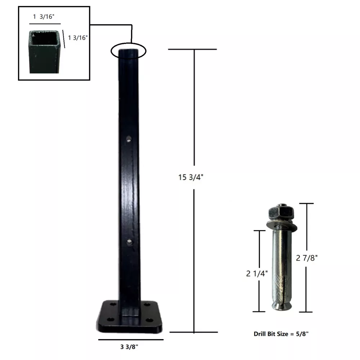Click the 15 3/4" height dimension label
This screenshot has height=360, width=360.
(x=191, y=177)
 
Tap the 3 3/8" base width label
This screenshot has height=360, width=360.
(x=129, y=347)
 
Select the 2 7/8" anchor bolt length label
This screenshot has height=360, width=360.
(x=307, y=258)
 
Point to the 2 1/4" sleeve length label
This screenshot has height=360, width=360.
(x=257, y=274)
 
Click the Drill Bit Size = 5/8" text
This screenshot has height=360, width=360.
(x=281, y=334)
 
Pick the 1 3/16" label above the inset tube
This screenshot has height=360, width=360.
(x=44, y=17)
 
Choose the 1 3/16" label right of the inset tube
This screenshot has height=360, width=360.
(x=78, y=38)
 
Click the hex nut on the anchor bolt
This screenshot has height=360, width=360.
(x=281, y=213)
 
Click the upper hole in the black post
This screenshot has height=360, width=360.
(x=129, y=139)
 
